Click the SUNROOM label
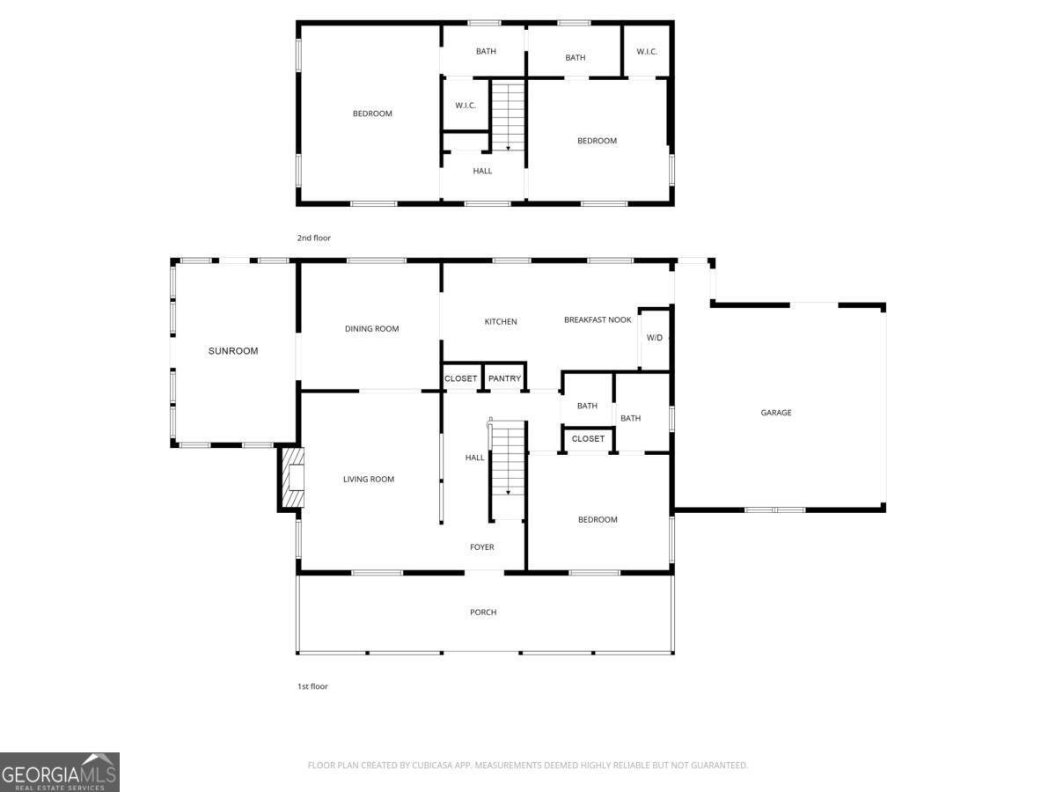coord(233,351)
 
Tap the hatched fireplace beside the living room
coord(292,477)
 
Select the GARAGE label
coord(775,413)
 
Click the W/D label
coord(655,338)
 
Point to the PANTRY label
coord(504,378)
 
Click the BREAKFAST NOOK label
coord(598,319)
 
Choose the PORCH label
coord(483,612)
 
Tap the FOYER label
coord(481,546)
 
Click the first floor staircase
coord(508,470)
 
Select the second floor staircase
coord(508,116)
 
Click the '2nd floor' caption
coord(313,238)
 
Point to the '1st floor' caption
coord(312,686)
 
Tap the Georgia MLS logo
coord(60,772)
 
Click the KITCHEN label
coord(501,322)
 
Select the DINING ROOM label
coord(371,329)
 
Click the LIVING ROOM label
coord(369,479)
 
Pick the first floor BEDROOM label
coord(598,519)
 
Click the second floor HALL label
coord(482,171)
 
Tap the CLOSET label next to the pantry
coord(460,378)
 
